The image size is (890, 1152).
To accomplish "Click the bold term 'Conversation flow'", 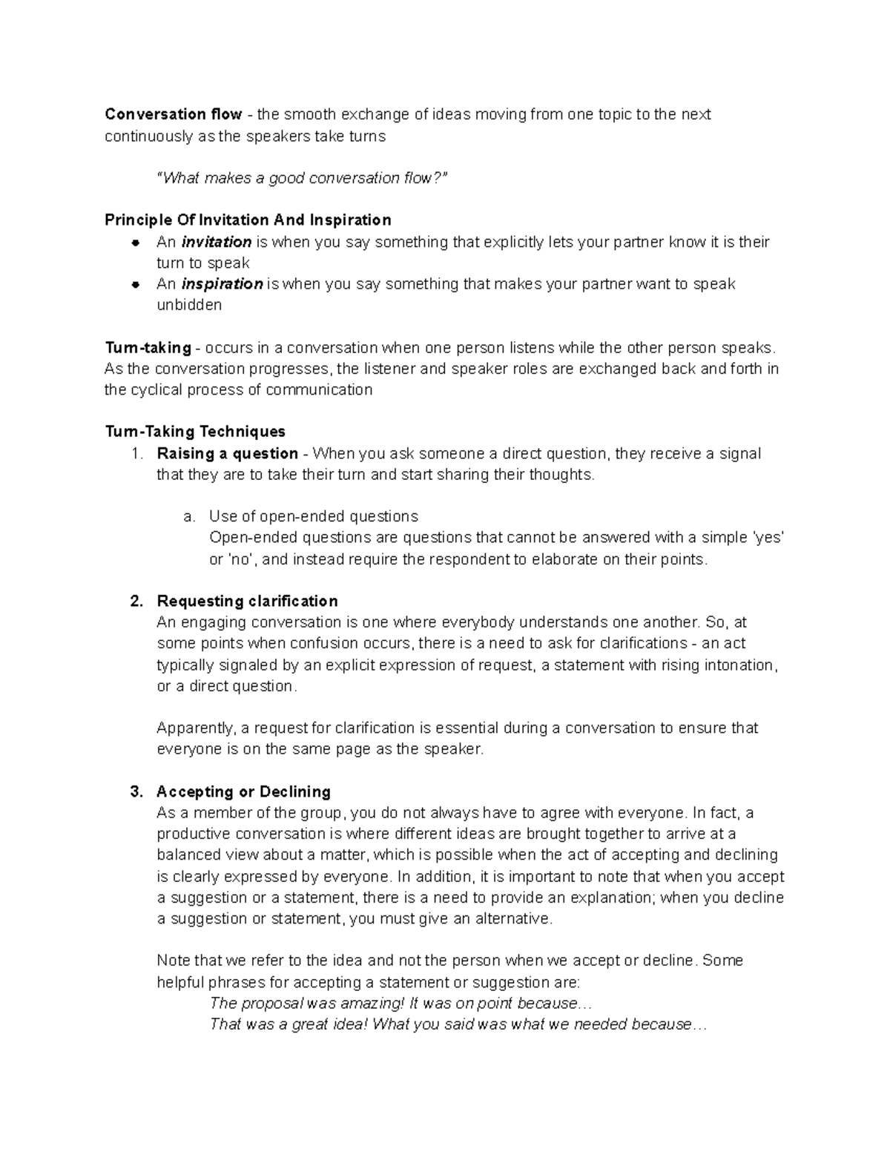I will point(173,114).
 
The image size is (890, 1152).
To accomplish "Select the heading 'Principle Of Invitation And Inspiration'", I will point(248,220).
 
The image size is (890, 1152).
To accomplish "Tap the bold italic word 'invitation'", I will point(217,242).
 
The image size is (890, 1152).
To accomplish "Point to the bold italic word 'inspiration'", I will point(222,284).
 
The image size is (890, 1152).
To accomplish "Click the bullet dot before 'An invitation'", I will point(136,243).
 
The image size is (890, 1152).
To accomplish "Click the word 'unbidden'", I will point(189,305).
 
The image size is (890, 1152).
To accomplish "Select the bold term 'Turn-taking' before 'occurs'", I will point(148,348).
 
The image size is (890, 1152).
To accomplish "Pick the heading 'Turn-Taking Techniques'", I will point(195,432).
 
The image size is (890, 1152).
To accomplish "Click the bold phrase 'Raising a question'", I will point(227,453).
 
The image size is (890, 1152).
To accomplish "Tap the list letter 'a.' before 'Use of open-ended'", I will point(189,516).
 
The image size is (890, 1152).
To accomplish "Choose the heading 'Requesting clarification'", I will point(247,601).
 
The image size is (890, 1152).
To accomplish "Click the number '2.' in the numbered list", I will point(136,601).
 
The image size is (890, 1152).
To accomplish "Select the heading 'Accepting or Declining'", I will point(243,791).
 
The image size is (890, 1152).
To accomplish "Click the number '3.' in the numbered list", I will point(136,791).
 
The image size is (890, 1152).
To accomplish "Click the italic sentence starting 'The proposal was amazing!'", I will point(400,1004).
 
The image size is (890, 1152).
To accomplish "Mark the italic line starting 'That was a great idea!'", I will point(458,1024).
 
